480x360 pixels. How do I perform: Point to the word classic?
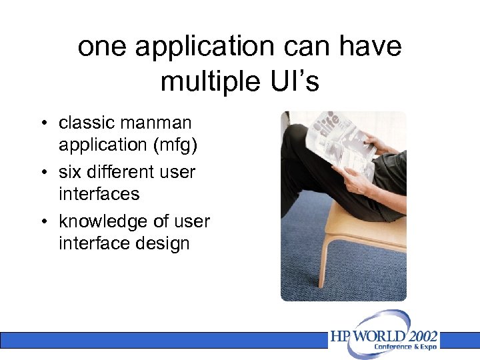click(x=86, y=123)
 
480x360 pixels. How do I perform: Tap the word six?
click(x=70, y=172)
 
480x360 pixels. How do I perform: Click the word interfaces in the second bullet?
click(x=99, y=194)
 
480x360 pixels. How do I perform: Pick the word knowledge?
click(x=107, y=221)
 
